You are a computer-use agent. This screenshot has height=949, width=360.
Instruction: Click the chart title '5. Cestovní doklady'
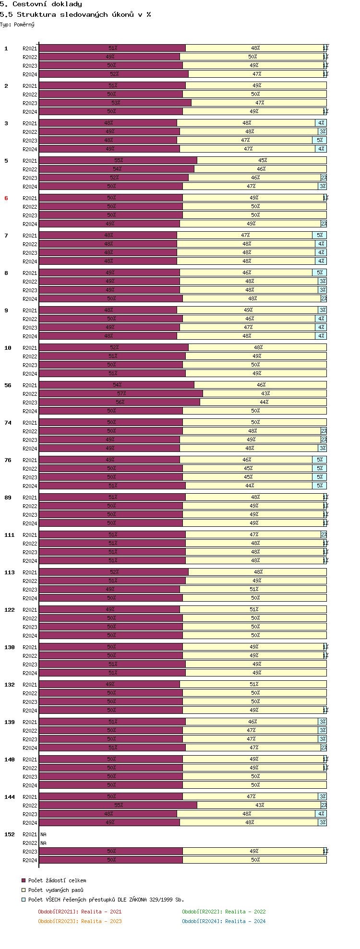pyautogui.click(x=41, y=4)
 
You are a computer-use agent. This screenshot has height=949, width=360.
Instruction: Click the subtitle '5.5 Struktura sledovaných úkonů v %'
pyautogui.click(x=75, y=14)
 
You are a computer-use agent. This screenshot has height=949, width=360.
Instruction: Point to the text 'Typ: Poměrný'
pyautogui.click(x=17, y=24)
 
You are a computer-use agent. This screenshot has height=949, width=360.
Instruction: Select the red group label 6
pyautogui.click(x=6, y=198)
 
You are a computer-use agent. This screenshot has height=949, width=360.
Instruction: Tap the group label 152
pyautogui.click(x=10, y=834)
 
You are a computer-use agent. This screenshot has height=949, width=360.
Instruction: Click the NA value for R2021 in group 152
pyautogui.click(x=44, y=834)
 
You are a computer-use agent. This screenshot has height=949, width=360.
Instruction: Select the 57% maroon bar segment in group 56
pyautogui.click(x=121, y=393)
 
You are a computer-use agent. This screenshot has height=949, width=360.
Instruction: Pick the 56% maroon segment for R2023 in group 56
pyautogui.click(x=120, y=402)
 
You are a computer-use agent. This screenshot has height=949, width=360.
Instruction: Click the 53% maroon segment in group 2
pyautogui.click(x=115, y=103)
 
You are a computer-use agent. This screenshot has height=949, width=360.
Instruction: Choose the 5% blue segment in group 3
pyautogui.click(x=320, y=140)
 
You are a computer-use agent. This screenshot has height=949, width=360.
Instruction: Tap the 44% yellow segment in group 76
pyautogui.click(x=250, y=486)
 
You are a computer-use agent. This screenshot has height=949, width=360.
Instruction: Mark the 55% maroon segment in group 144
pyautogui.click(x=118, y=805)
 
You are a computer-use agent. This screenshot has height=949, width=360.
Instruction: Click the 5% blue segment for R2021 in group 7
pyautogui.click(x=320, y=235)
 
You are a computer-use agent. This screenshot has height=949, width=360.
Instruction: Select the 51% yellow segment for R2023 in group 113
pyautogui.click(x=253, y=589)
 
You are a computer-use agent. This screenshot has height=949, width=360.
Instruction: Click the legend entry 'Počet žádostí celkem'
pyautogui.click(x=57, y=880)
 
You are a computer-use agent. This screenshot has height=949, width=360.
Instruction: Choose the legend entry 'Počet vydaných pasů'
pyautogui.click(x=55, y=890)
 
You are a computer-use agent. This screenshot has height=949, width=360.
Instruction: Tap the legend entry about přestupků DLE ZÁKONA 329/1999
pyautogui.click(x=106, y=900)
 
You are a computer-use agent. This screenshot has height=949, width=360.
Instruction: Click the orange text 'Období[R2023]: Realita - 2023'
pyautogui.click(x=80, y=921)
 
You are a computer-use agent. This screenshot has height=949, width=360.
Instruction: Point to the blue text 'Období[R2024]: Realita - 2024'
pyautogui.click(x=224, y=921)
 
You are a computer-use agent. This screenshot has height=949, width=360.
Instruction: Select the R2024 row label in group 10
pyautogui.click(x=30, y=374)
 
